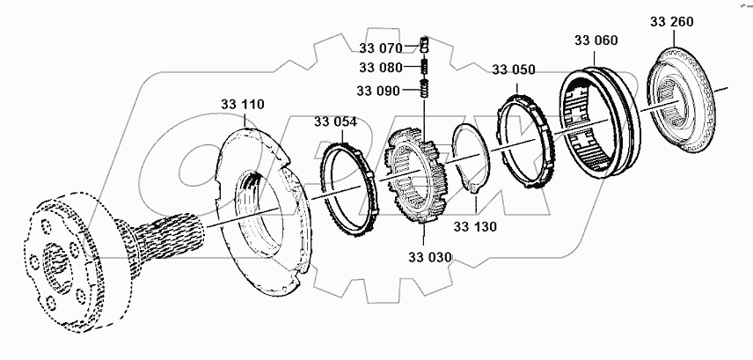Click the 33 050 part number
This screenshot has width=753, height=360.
513,70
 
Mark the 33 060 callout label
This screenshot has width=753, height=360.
596,40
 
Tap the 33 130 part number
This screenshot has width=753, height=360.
475,226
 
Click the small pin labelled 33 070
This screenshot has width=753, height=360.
423,45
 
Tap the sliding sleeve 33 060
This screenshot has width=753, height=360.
597,123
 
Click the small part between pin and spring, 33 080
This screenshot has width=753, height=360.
423,67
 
